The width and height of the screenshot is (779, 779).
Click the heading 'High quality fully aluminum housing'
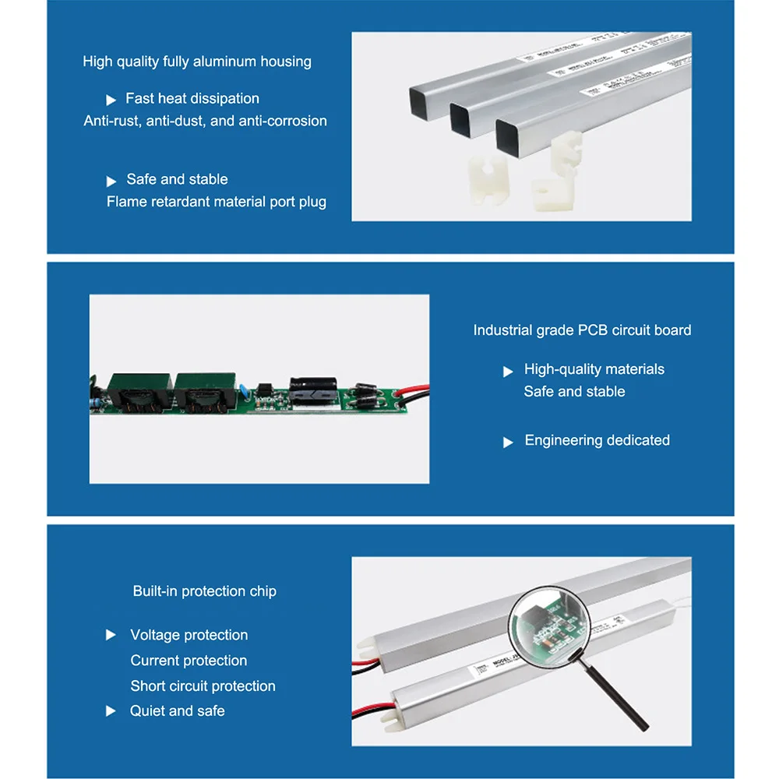point(197,62)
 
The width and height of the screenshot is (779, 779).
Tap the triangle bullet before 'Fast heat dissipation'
point(111,100)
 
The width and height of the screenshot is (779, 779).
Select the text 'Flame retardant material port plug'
point(217,202)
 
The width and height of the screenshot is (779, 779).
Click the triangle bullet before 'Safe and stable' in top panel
point(111,181)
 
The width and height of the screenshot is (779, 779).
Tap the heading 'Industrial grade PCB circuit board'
point(582,330)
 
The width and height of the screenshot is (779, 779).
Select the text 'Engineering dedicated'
point(597,440)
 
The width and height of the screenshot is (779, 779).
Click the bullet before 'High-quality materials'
point(508,371)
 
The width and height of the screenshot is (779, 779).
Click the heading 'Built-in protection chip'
point(204,591)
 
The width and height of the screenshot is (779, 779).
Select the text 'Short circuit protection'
point(203,686)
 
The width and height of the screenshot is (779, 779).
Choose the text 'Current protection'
point(189,661)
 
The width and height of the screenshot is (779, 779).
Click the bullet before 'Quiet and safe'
point(111,711)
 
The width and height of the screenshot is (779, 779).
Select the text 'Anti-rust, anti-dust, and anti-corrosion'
point(205,121)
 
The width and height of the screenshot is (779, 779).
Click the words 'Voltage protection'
point(189,635)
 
